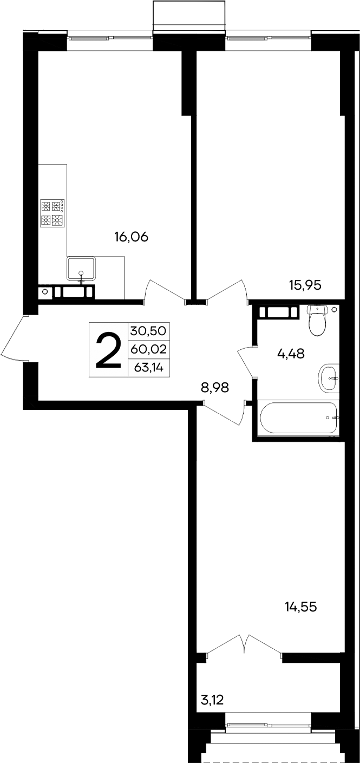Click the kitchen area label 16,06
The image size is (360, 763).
pos(130,237)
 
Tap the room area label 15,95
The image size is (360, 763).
pos(305,285)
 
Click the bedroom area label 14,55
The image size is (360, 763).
pos(300,607)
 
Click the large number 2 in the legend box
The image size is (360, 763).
pos(108,350)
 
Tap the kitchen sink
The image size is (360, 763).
pos(81,269)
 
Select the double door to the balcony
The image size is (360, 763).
pos(244,645)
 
